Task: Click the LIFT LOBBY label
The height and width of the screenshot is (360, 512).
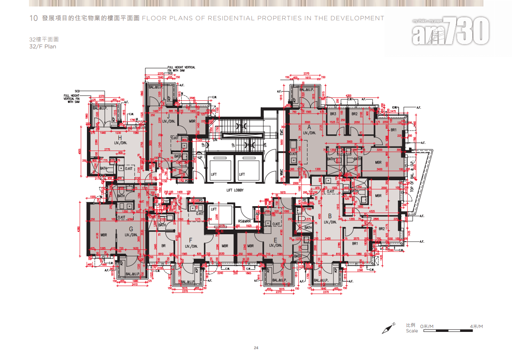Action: pyautogui.click(x=236, y=190)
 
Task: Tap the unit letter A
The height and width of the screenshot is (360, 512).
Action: pyautogui.click(x=309, y=127)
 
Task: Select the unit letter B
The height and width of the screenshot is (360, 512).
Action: pyautogui.click(x=330, y=216)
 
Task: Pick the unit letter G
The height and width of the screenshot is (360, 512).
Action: pyautogui.click(x=131, y=229)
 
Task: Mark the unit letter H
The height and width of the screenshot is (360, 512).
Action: pyautogui.click(x=120, y=137)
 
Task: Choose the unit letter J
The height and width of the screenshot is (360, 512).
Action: pyautogui.click(x=168, y=116)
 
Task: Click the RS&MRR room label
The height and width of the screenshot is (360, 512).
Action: pyautogui.click(x=244, y=221)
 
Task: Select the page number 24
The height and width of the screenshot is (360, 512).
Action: pyautogui.click(x=256, y=348)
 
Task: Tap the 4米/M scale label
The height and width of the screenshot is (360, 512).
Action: pyautogui.click(x=476, y=326)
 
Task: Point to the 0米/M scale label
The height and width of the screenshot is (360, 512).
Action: pyautogui.click(x=427, y=326)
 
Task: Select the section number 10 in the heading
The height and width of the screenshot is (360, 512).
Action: pyautogui.click(x=33, y=18)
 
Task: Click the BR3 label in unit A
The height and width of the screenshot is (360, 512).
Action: pyautogui.click(x=333, y=114)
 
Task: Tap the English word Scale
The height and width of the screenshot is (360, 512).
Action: pyautogui.click(x=412, y=331)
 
